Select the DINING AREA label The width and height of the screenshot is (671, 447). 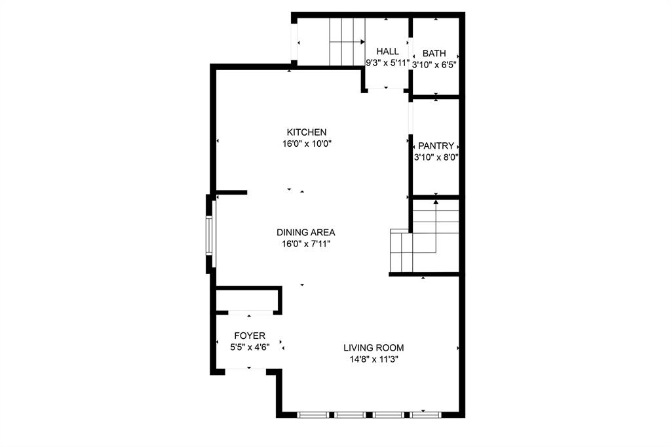(x=305, y=232)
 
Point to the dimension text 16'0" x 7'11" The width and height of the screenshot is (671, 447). (x=305, y=244)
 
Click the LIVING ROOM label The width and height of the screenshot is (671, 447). (x=374, y=347)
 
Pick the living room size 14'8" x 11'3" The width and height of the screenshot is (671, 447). (x=374, y=359)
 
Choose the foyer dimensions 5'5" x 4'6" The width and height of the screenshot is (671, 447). (x=250, y=347)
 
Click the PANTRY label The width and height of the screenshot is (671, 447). (x=436, y=146)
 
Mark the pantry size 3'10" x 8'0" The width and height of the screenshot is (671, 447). (x=436, y=157)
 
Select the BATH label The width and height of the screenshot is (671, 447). (x=434, y=53)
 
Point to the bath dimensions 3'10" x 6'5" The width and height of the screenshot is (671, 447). (x=434, y=64)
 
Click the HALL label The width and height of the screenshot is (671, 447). (x=387, y=51)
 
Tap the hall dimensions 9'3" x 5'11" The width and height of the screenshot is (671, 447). (x=387, y=64)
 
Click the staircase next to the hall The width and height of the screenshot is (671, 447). (x=346, y=41)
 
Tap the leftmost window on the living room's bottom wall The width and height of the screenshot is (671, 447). (x=313, y=414)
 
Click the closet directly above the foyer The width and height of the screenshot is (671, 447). (x=246, y=301)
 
